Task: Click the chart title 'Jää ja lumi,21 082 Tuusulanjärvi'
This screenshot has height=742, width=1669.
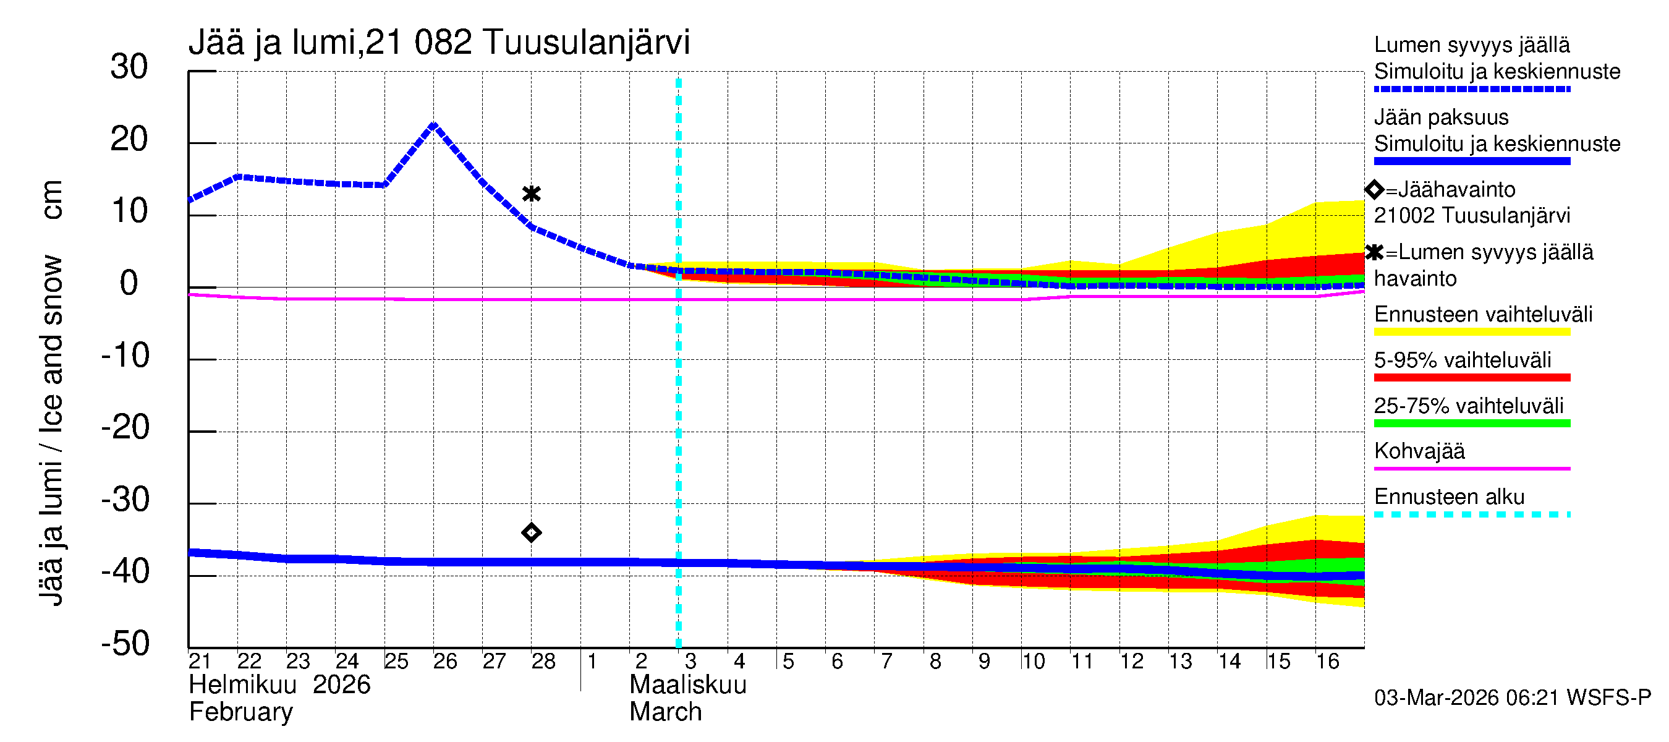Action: coord(439,43)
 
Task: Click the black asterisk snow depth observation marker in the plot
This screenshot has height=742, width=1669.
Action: coord(531,194)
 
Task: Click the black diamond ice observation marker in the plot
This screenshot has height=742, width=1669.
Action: coord(531,532)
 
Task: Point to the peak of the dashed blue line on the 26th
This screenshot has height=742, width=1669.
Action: coord(433,124)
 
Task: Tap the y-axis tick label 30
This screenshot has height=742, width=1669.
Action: coord(129,67)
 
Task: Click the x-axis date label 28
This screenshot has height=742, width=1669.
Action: coord(543,661)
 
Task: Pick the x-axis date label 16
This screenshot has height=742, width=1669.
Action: coord(1327,661)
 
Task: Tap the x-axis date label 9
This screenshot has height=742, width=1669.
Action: coord(983,661)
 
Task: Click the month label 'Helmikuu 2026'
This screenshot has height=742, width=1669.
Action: coord(279,685)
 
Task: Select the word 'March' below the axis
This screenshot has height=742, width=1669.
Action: coord(665,712)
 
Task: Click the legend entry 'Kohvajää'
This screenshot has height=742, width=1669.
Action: coord(1419,451)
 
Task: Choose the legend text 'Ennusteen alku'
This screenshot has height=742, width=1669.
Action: coord(1449,497)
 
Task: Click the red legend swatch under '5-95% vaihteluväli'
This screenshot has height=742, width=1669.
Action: coord(1471,377)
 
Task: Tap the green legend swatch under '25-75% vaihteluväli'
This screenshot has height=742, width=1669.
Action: coord(1471,423)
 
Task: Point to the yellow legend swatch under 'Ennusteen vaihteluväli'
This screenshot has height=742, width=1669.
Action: coord(1471,332)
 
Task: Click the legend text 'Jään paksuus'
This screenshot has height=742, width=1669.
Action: coord(1441,117)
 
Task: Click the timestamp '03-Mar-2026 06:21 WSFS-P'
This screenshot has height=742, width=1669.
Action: coord(1512,698)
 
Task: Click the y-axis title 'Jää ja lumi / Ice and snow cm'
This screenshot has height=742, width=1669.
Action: coord(51,393)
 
